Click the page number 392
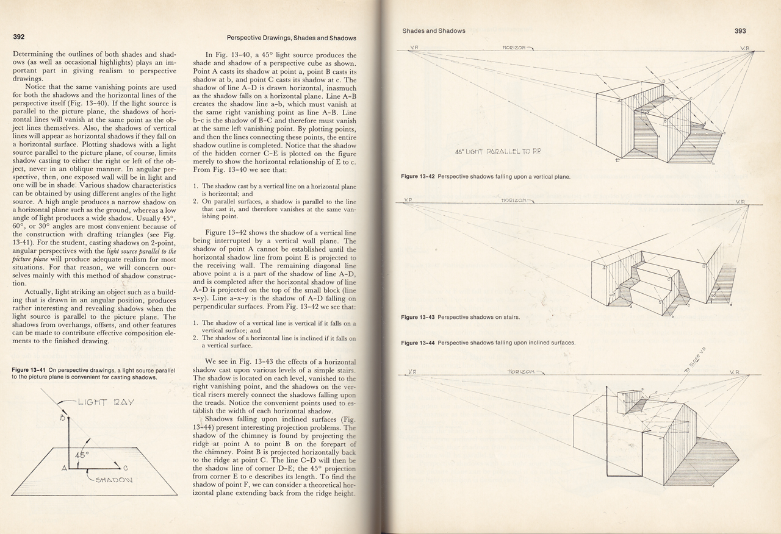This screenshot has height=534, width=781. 19,37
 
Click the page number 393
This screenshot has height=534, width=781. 740,30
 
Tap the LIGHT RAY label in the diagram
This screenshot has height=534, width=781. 106,403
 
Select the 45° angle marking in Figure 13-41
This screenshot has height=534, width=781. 82,455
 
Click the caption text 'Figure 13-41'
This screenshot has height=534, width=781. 31,370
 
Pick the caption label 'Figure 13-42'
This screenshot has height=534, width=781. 418,177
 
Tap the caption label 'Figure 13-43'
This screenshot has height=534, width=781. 418,318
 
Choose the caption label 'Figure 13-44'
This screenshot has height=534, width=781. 418,343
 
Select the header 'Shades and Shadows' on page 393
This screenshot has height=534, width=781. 434,30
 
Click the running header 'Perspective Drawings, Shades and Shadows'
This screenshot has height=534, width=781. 291,38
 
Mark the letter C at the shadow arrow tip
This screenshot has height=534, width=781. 125,468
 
